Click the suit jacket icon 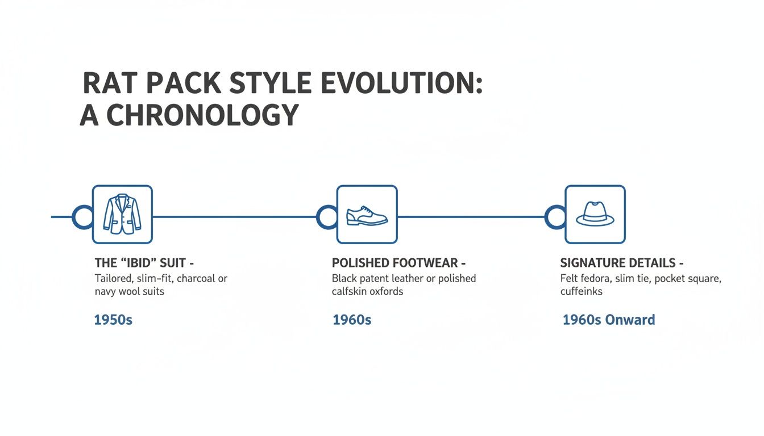click(122, 215)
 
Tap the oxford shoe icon click(367, 215)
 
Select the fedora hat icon click(595, 215)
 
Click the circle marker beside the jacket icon click(82, 217)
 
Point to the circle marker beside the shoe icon click(327, 217)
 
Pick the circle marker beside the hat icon click(555, 217)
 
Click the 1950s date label click(113, 320)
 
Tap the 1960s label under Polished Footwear click(352, 320)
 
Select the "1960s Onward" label click(609, 320)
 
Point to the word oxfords click(384, 291)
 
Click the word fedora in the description click(593, 279)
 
